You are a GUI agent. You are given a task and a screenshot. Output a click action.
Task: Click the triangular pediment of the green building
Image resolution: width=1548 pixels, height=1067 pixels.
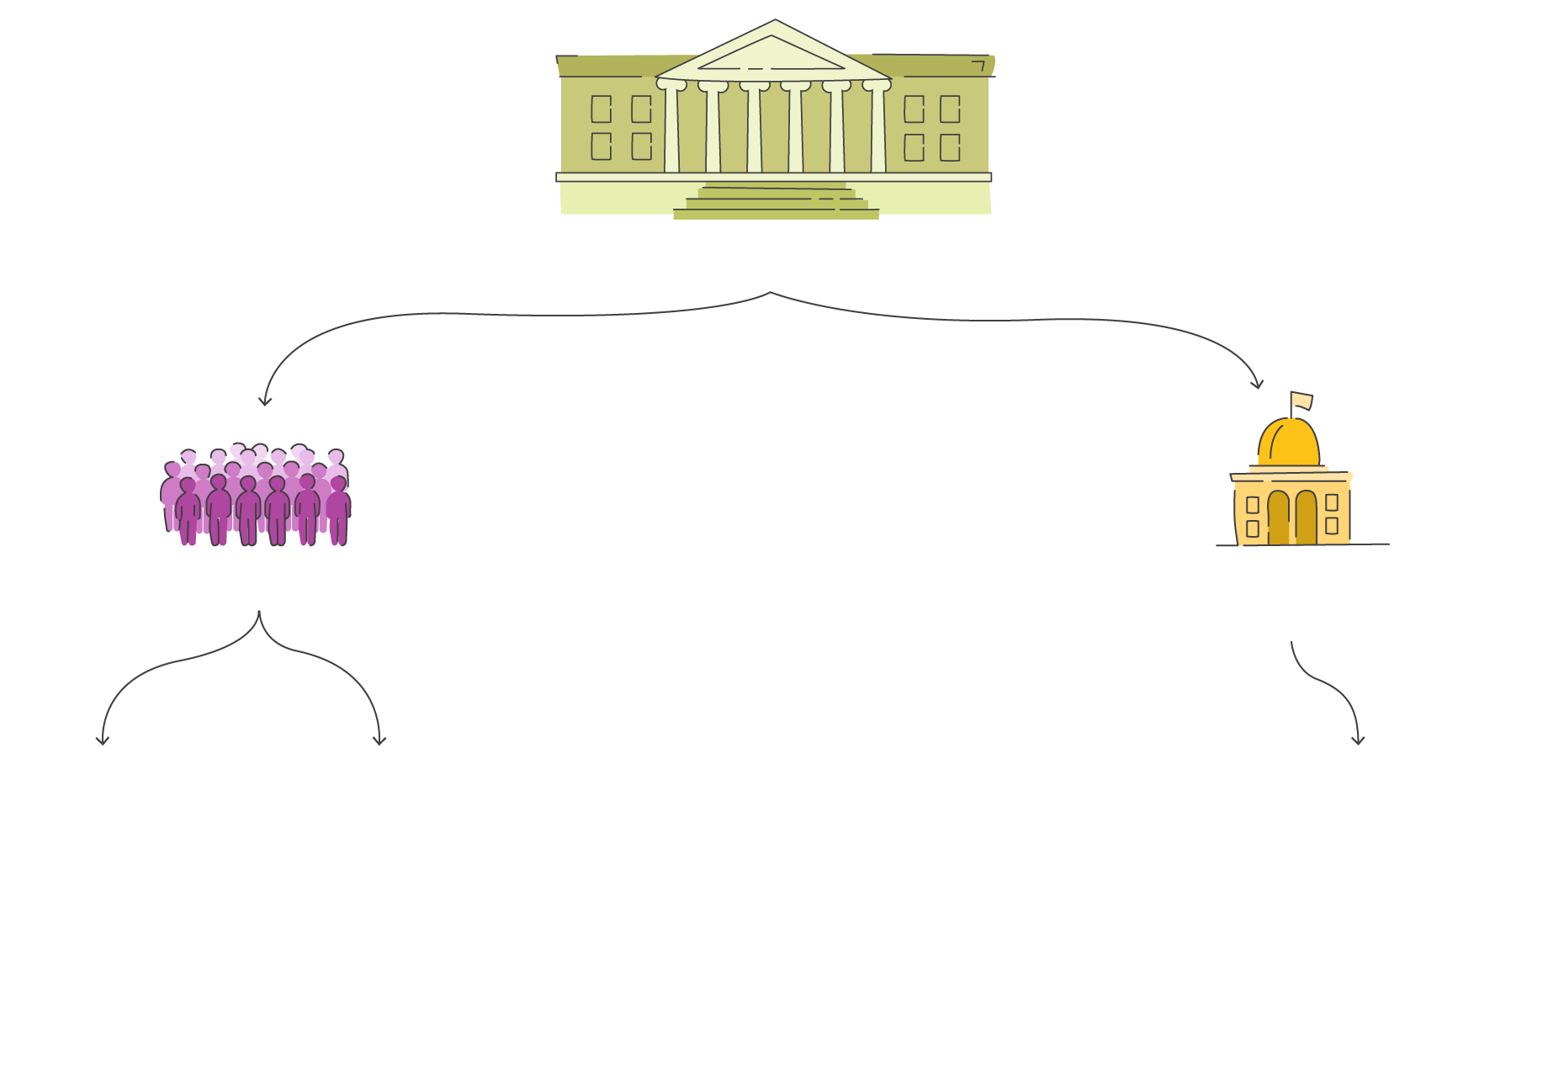[772, 56]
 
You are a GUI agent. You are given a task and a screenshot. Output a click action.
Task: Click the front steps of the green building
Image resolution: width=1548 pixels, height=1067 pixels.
[776, 202]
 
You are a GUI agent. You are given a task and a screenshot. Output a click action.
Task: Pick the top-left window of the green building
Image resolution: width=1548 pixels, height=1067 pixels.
[601, 109]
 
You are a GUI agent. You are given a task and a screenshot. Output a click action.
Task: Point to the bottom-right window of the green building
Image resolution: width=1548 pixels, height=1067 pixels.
[950, 147]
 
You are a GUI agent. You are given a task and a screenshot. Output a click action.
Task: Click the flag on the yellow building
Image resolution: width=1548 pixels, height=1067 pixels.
[1301, 401]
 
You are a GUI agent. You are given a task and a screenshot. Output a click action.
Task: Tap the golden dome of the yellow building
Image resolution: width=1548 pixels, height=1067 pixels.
[1289, 443]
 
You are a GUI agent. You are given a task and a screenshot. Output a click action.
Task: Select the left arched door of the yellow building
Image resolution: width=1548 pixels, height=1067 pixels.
[1278, 518]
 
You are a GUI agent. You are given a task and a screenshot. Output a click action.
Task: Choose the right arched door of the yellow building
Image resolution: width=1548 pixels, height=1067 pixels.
[1306, 518]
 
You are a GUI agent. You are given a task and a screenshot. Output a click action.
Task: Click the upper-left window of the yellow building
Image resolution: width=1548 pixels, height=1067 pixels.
[1253, 505]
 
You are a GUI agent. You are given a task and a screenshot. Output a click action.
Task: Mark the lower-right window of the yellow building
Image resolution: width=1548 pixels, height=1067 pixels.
[1332, 526]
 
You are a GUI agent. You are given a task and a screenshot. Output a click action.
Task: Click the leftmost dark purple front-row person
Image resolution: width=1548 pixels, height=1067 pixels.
[188, 512]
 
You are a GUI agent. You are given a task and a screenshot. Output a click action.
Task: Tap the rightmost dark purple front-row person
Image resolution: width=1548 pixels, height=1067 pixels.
[338, 511]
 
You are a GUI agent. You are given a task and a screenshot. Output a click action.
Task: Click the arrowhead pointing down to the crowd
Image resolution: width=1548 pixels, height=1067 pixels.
[265, 402]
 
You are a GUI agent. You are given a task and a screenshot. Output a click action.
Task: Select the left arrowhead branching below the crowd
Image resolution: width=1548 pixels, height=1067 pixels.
[103, 741]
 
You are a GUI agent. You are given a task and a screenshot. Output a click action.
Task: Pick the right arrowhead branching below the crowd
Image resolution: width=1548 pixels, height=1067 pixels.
[379, 741]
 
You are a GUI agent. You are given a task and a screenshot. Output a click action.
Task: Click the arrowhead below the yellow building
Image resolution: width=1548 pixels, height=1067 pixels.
[1358, 741]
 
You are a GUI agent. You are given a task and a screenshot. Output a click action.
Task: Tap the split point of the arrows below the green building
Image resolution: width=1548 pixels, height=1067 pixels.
[771, 293]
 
